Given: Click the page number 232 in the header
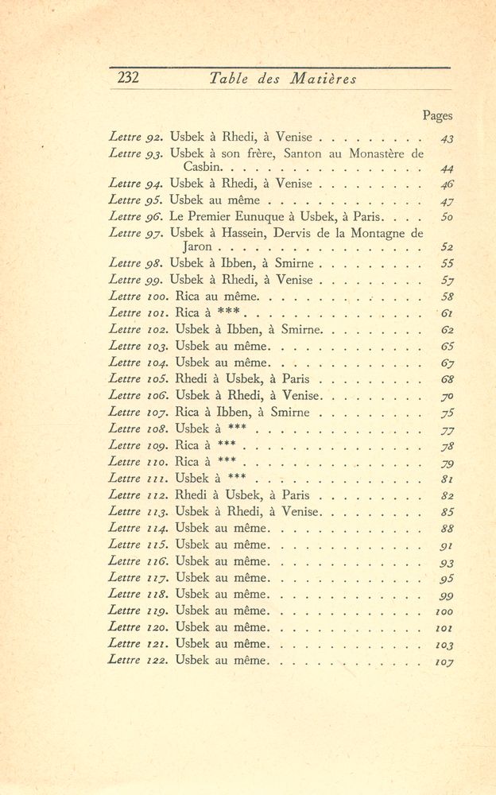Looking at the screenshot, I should [128, 78].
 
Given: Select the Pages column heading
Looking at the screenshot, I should [437, 116].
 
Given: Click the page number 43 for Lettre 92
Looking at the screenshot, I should [446, 138].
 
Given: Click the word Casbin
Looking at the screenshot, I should [203, 168].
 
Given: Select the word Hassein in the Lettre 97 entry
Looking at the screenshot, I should [248, 233].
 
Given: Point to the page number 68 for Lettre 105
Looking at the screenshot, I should [446, 379].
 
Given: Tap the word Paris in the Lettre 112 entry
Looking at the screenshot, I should [289, 494].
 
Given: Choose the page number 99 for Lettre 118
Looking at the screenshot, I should [446, 595].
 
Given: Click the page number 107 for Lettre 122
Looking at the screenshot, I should [444, 661].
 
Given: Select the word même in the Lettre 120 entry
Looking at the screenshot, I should [251, 627].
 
